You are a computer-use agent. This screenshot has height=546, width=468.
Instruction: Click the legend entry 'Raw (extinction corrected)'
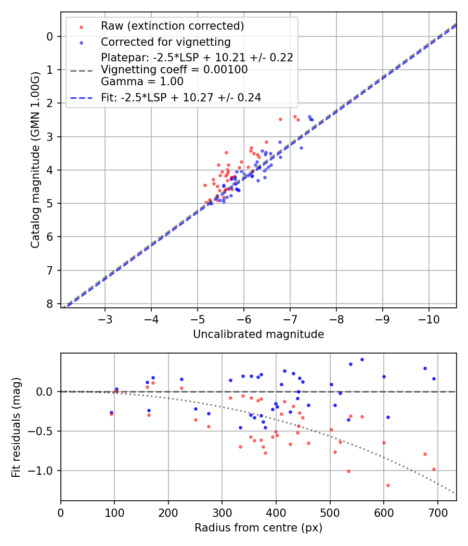(172, 26)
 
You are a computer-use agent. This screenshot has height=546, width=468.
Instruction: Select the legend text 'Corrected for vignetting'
(166, 42)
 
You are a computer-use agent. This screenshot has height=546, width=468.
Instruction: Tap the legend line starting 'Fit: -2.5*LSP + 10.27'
(181, 97)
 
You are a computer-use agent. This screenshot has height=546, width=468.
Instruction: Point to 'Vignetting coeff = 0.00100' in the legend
(174, 69)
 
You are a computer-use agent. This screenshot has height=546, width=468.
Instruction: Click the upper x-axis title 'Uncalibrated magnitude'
(258, 334)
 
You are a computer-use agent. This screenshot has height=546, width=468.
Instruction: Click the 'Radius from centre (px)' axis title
(258, 528)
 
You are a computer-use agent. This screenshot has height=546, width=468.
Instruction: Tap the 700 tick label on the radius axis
(437, 512)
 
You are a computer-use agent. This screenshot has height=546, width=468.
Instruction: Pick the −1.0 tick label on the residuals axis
(43, 471)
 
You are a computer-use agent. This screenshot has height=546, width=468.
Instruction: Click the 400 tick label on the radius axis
(276, 512)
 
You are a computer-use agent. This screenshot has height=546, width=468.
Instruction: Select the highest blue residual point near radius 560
(362, 359)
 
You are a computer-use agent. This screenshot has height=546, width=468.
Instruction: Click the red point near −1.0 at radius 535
(348, 471)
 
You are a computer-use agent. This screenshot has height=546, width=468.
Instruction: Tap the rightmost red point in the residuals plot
(434, 469)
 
